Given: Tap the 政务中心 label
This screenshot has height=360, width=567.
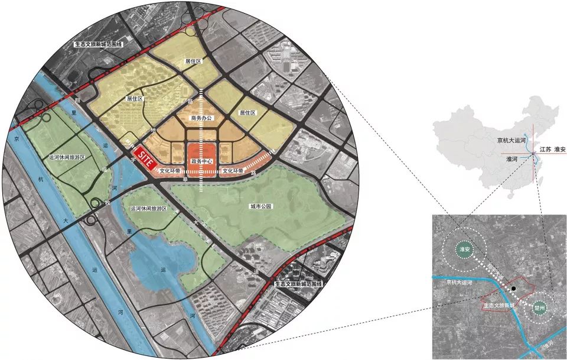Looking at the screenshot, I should tap(201, 161).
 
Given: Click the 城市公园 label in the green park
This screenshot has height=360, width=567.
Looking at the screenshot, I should tap(260, 206).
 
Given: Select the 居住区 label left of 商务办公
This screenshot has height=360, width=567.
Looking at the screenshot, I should tap(135, 99).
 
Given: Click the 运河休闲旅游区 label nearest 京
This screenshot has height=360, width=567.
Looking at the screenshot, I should tap(67, 158).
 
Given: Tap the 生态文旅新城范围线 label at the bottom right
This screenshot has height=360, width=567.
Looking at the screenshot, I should tap(299, 283).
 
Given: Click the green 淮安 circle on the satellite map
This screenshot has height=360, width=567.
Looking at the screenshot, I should tap(464, 250).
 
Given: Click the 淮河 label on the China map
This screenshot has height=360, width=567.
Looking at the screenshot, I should tap(514, 159).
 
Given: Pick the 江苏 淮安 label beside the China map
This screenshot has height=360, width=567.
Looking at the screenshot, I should tap(553, 150).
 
